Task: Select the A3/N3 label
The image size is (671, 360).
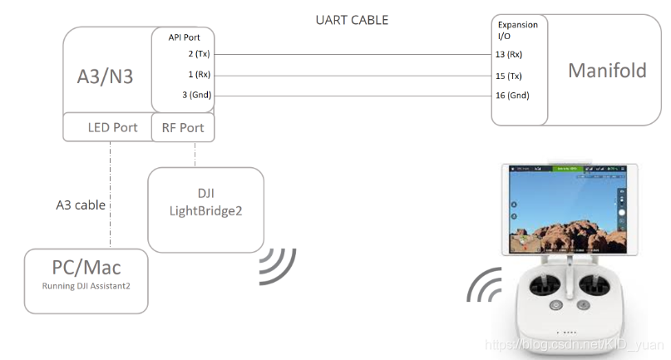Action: pyautogui.click(x=106, y=76)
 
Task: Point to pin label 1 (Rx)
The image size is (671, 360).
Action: pyautogui.click(x=200, y=75)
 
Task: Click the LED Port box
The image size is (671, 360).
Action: pyautogui.click(x=112, y=128)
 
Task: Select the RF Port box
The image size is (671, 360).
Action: pyautogui.click(x=182, y=128)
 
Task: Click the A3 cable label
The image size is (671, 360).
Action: pyautogui.click(x=81, y=204)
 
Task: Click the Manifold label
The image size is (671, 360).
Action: pyautogui.click(x=607, y=71)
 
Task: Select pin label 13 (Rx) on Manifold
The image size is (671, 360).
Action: pyautogui.click(x=509, y=55)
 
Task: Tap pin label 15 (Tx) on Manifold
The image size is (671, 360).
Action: pyautogui.click(x=509, y=75)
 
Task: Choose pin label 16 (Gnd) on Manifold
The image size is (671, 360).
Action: pyautogui.click(x=511, y=95)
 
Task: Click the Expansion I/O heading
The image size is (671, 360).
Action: pyautogui.click(x=517, y=31)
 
